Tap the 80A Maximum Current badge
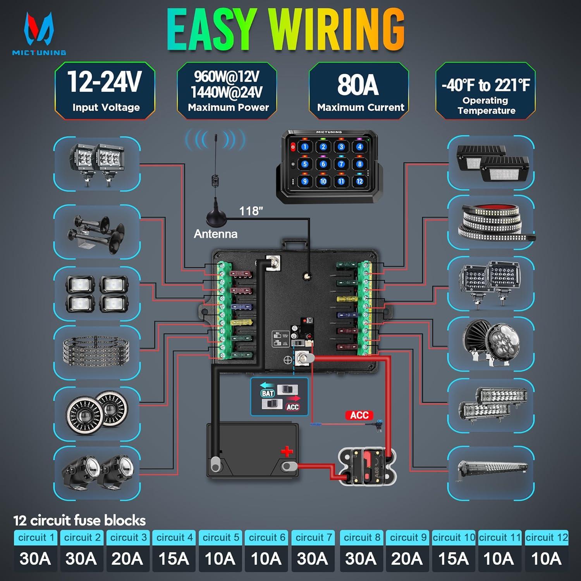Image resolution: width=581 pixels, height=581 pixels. [x=359, y=91]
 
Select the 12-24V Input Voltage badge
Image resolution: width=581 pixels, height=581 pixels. [x=105, y=91]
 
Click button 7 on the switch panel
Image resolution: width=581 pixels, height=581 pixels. [x=341, y=164]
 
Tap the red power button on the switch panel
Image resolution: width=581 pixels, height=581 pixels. [x=293, y=147]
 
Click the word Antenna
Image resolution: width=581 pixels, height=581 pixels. [x=215, y=234]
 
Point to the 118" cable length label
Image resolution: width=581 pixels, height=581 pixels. [x=251, y=211]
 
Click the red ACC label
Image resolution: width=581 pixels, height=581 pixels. [x=359, y=415]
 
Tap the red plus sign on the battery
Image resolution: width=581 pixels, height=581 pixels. [x=287, y=452]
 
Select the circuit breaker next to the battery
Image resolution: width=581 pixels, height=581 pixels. [x=367, y=466]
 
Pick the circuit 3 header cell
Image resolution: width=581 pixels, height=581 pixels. [x=128, y=538]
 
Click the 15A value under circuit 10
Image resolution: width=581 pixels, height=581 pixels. [x=453, y=559]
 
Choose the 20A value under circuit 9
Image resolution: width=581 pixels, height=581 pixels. [x=407, y=559]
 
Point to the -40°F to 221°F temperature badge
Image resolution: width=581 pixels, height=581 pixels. [x=486, y=91]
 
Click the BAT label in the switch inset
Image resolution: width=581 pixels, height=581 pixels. [x=268, y=394]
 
